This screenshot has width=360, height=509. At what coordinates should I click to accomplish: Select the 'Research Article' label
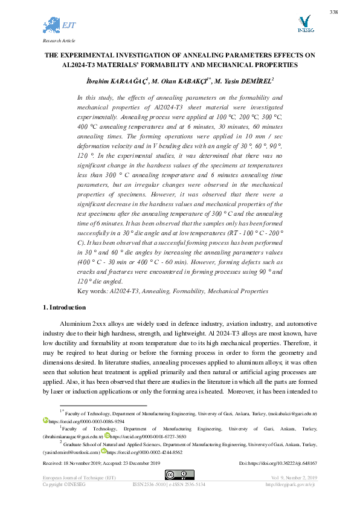point(58,41)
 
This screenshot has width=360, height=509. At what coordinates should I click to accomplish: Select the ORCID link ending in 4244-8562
point(144,452)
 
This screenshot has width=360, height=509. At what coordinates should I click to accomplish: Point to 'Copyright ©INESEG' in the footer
point(63,485)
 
